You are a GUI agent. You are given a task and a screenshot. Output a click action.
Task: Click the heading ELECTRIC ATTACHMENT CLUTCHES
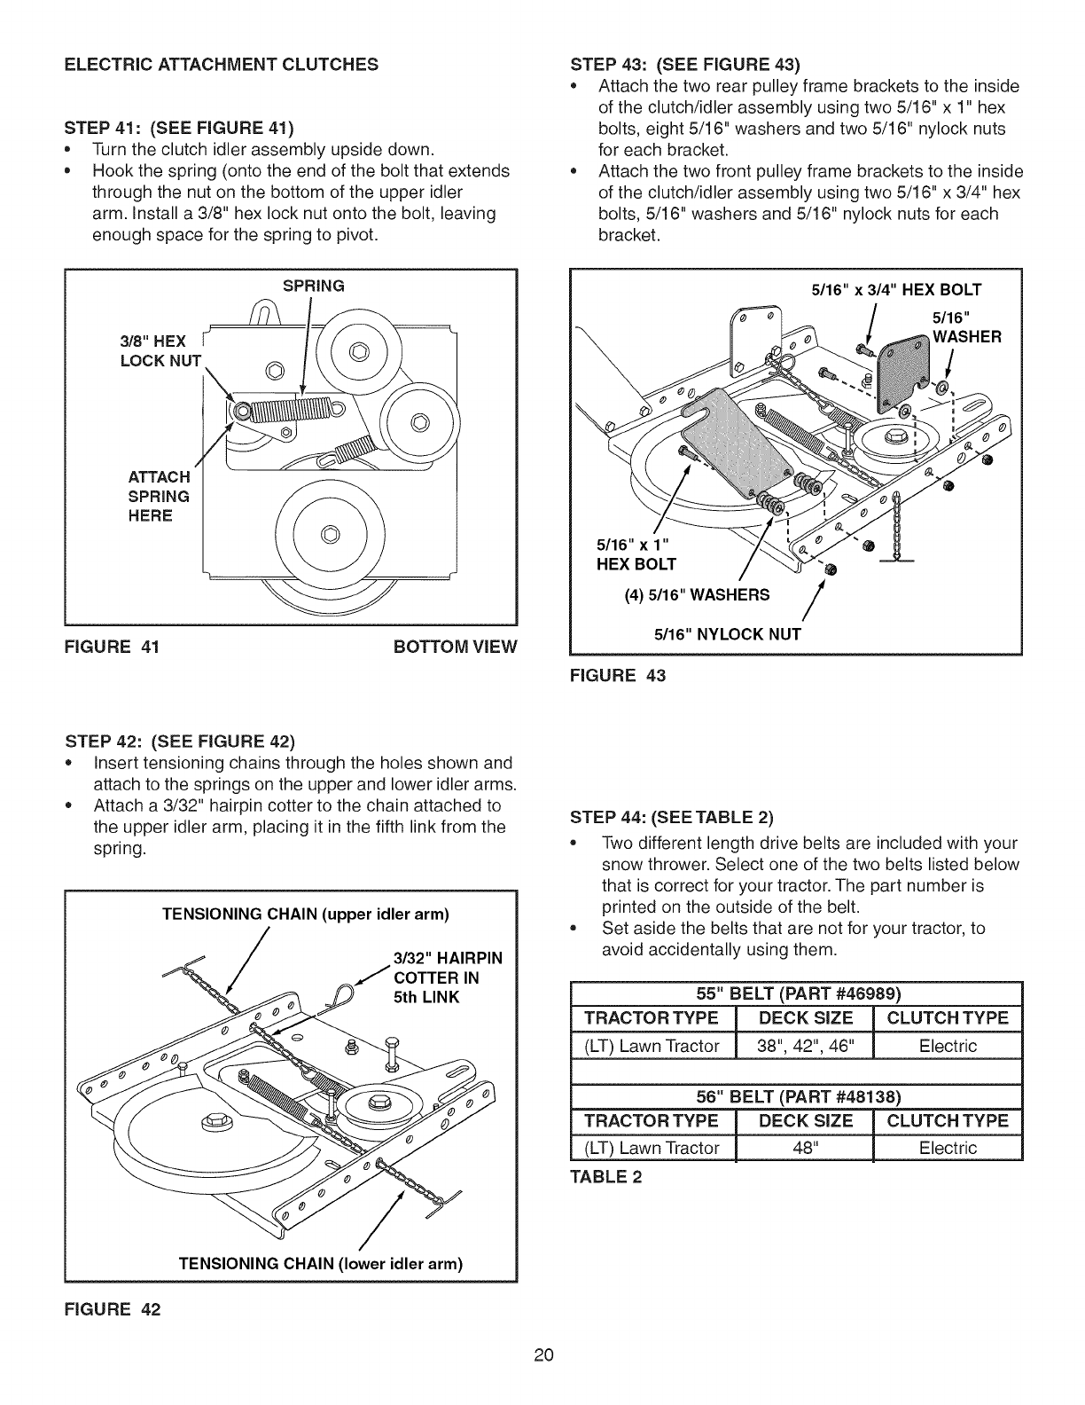(220, 64)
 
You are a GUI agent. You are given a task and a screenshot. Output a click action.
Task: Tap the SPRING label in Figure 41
(312, 286)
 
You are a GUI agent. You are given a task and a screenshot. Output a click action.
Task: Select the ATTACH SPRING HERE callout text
(160, 497)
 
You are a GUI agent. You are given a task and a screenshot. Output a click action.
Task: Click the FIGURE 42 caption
(112, 1310)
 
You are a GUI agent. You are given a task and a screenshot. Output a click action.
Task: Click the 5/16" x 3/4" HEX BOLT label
(896, 288)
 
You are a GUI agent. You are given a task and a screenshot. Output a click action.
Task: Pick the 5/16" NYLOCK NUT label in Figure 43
(727, 633)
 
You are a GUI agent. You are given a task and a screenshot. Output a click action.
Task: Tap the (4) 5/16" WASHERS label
(697, 593)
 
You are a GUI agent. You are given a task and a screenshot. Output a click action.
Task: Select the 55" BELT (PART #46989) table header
(795, 992)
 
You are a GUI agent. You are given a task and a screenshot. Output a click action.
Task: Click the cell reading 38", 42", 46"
(805, 1046)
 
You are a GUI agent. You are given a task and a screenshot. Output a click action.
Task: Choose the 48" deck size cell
(805, 1148)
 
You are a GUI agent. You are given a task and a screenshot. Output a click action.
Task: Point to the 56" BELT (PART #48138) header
(795, 1095)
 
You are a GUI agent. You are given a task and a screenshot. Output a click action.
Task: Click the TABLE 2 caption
(609, 1177)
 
